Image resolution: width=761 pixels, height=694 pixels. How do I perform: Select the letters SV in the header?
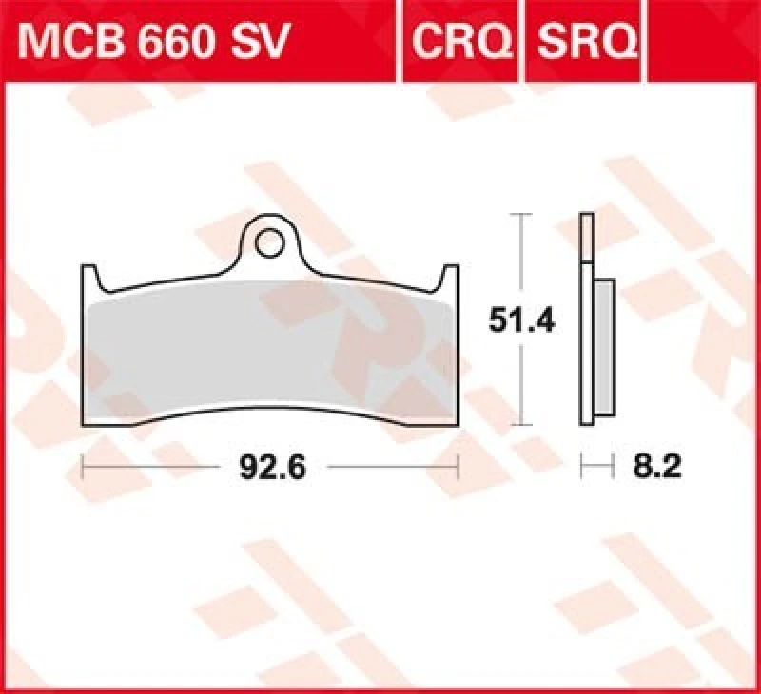click(x=256, y=41)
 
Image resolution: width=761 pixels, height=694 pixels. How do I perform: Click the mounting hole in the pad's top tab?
click(x=269, y=239)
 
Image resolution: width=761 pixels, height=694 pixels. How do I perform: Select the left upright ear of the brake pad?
click(x=90, y=279)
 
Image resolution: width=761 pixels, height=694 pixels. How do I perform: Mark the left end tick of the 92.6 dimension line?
click(x=84, y=468)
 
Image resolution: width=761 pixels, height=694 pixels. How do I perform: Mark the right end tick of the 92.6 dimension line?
click(x=459, y=468)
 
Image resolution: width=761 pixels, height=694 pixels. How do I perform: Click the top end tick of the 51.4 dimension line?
click(x=519, y=216)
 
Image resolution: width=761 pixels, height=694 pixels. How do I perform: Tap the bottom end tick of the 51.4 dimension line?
click(x=519, y=427)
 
